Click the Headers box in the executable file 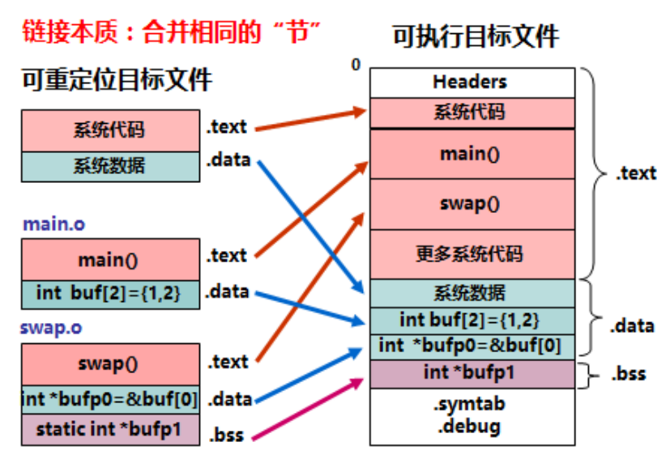pyautogui.click(x=472, y=82)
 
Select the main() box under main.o pyautogui.click(x=109, y=260)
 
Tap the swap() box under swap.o pyautogui.click(x=109, y=364)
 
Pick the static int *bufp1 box pyautogui.click(x=109, y=427)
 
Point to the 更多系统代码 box pyautogui.click(x=472, y=254)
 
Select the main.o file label pyautogui.click(x=53, y=223)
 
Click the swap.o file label pyautogui.click(x=53, y=329)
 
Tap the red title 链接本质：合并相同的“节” pyautogui.click(x=171, y=32)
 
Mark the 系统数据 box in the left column pyautogui.click(x=109, y=166)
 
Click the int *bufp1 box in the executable pyautogui.click(x=472, y=372)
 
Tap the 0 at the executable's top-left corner pyautogui.click(x=356, y=64)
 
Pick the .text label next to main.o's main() pyautogui.click(x=226, y=256)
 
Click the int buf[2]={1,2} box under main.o pyautogui.click(x=109, y=293)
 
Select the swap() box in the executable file pyautogui.click(x=472, y=203)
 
